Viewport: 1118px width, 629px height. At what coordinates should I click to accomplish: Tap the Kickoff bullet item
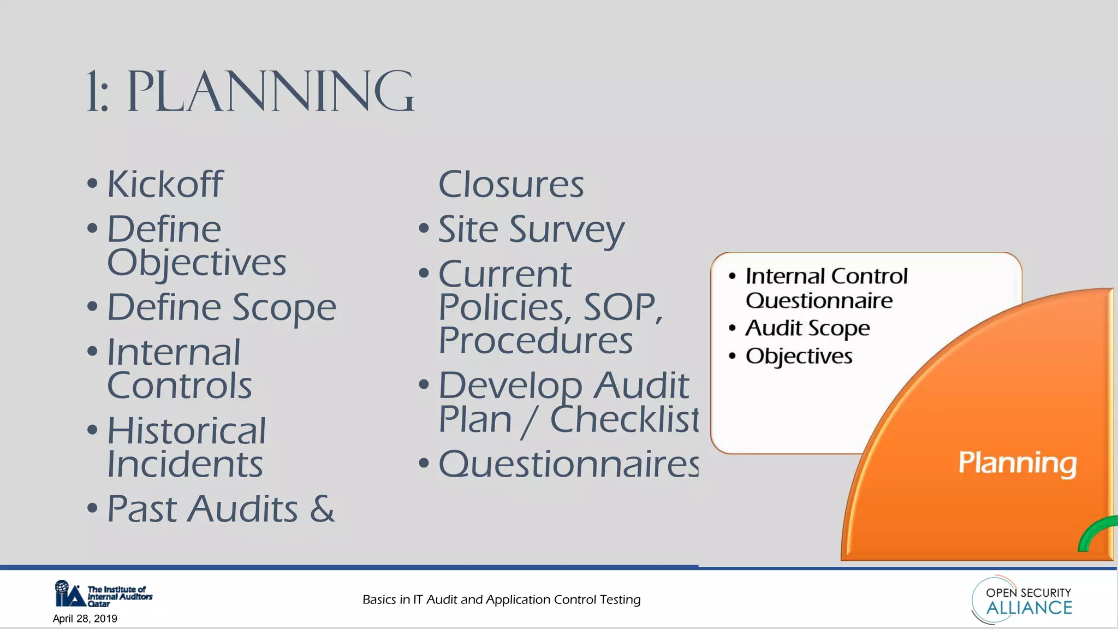[x=165, y=184]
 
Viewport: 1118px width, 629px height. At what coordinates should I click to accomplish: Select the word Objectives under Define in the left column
[x=197, y=263]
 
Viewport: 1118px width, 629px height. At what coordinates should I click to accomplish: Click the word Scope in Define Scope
[x=284, y=307]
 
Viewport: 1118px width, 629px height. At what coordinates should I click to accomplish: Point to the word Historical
[x=186, y=431]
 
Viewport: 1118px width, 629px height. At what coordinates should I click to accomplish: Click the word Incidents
[x=185, y=464]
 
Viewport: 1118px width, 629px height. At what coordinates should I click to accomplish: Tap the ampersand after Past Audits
[x=322, y=509]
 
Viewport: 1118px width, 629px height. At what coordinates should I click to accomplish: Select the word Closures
[x=511, y=185]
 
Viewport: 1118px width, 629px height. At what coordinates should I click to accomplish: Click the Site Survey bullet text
[x=531, y=229]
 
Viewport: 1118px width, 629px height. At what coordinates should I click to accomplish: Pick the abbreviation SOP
[x=622, y=307]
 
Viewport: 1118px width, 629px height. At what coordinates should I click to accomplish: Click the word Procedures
[x=536, y=341]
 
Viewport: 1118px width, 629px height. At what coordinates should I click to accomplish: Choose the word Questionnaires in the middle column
[x=568, y=464]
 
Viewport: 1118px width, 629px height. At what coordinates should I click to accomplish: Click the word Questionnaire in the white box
[x=819, y=301]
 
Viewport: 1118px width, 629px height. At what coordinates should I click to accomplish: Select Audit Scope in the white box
[x=807, y=328]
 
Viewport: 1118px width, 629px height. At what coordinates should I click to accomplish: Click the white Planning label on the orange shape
[x=1018, y=463]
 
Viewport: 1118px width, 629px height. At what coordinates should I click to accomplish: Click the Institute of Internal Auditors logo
[x=103, y=594]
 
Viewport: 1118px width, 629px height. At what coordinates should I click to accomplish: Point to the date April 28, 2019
[x=85, y=619]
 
